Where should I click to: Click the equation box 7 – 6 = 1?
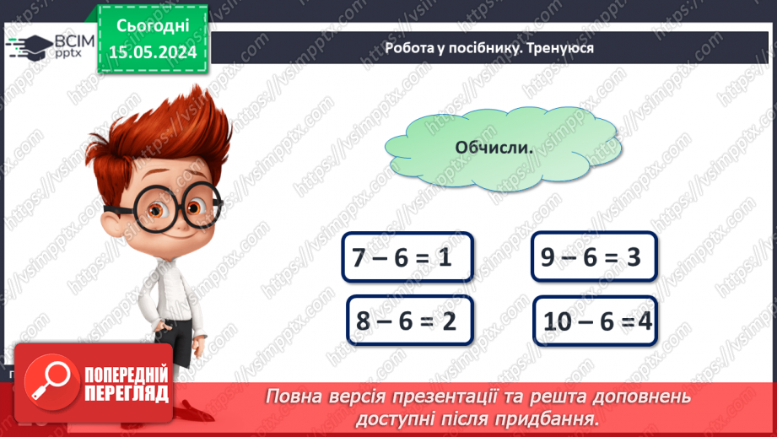click(407, 257)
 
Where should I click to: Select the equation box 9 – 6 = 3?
click(594, 256)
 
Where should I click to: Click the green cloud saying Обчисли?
click(494, 147)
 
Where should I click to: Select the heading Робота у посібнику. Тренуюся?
click(488, 48)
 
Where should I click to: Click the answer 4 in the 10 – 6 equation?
click(645, 321)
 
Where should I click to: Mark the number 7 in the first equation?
click(360, 258)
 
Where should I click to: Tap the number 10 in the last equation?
click(558, 321)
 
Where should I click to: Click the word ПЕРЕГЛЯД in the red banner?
click(126, 393)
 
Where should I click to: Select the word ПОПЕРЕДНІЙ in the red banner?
click(126, 374)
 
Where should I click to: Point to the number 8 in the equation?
click(364, 321)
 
